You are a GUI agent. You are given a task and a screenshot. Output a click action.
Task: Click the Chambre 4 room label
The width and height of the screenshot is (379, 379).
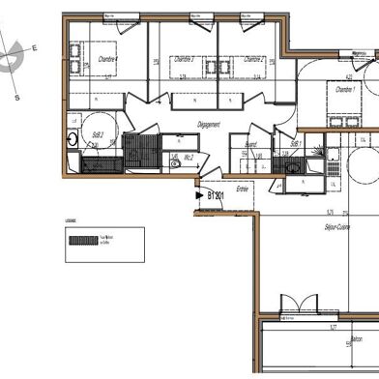(x=107, y=59)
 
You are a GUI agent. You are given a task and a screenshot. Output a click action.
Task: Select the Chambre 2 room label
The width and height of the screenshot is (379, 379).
(x=254, y=59)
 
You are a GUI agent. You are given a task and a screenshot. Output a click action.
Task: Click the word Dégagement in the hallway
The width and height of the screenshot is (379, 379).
(x=209, y=124)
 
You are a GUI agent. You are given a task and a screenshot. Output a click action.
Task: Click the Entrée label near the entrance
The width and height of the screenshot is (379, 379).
(x=242, y=189)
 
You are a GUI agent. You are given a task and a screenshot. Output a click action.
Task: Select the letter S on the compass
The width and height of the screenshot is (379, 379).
(x=16, y=97)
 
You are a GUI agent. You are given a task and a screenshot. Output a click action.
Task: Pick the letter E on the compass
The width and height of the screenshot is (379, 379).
(x=34, y=47)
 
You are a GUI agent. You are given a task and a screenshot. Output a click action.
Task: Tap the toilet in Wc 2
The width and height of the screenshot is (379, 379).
(x=175, y=163)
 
